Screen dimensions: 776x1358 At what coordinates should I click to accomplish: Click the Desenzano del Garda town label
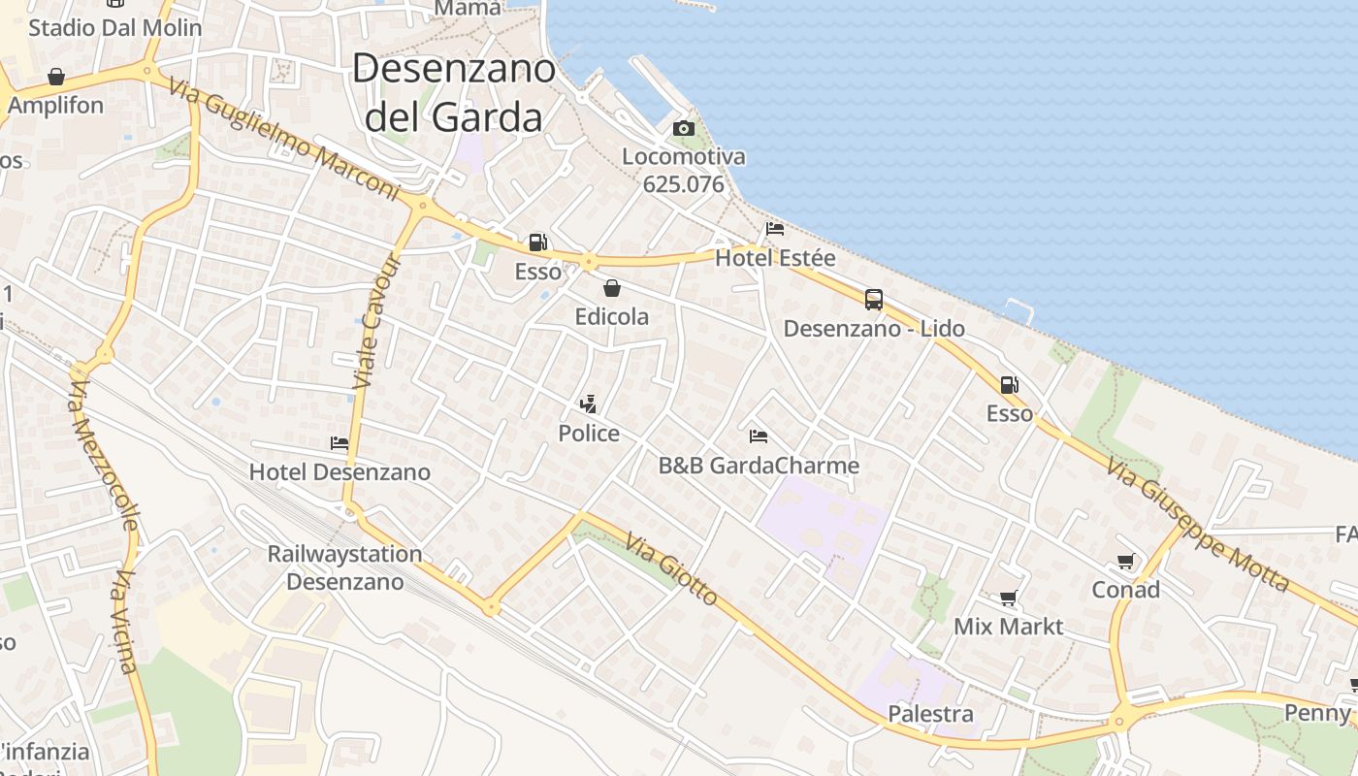pyautogui.click(x=453, y=92)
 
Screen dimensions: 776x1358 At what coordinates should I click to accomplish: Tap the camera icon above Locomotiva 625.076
pyautogui.click(x=683, y=128)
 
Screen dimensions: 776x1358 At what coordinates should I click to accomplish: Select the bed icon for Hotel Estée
pyautogui.click(x=774, y=229)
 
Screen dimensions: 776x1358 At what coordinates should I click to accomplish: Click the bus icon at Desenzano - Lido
pyautogui.click(x=873, y=300)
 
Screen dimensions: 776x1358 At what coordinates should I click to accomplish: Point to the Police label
pyautogui.click(x=589, y=433)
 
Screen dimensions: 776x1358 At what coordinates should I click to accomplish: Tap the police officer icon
pyautogui.click(x=587, y=403)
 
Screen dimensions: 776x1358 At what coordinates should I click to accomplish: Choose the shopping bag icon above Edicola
pyautogui.click(x=611, y=288)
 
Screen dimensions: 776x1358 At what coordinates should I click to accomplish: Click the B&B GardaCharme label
pyautogui.click(x=759, y=466)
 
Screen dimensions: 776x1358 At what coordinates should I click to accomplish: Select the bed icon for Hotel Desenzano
pyautogui.click(x=339, y=442)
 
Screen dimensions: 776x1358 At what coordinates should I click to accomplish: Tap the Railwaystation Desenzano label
pyautogui.click(x=344, y=567)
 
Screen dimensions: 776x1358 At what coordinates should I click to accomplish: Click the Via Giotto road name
pyautogui.click(x=671, y=568)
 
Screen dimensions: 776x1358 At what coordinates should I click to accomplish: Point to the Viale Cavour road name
pyautogui.click(x=376, y=322)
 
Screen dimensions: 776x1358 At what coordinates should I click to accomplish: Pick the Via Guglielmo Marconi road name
pyautogui.click(x=283, y=141)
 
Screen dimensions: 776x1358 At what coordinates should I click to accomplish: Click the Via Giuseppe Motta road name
pyautogui.click(x=1197, y=524)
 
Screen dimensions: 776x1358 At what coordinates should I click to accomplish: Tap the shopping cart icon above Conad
pyautogui.click(x=1125, y=561)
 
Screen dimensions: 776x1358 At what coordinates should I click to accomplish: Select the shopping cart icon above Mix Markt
pyautogui.click(x=1008, y=598)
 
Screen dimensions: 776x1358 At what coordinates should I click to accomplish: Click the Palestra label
pyautogui.click(x=930, y=714)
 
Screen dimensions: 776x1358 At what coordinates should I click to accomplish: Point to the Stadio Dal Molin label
pyautogui.click(x=114, y=27)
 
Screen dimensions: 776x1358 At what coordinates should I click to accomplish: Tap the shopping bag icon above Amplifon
pyautogui.click(x=56, y=77)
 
